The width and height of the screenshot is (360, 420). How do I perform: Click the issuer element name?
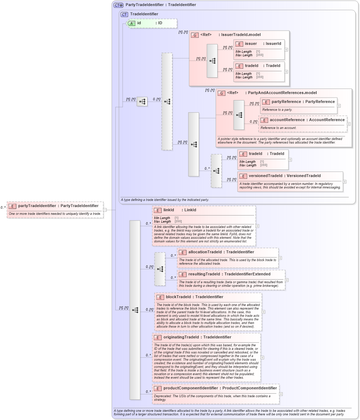(251, 44)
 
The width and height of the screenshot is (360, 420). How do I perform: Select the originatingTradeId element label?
(197, 337)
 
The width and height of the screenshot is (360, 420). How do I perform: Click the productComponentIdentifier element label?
(220, 388)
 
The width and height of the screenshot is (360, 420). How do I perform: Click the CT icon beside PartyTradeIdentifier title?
(118, 5)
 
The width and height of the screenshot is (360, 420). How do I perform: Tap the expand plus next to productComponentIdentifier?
(281, 394)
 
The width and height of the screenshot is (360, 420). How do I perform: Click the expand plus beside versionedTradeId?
(345, 182)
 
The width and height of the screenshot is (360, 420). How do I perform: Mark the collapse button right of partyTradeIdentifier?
(105, 210)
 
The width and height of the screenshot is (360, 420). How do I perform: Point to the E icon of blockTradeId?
(160, 297)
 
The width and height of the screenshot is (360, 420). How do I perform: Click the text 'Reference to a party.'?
(277, 110)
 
